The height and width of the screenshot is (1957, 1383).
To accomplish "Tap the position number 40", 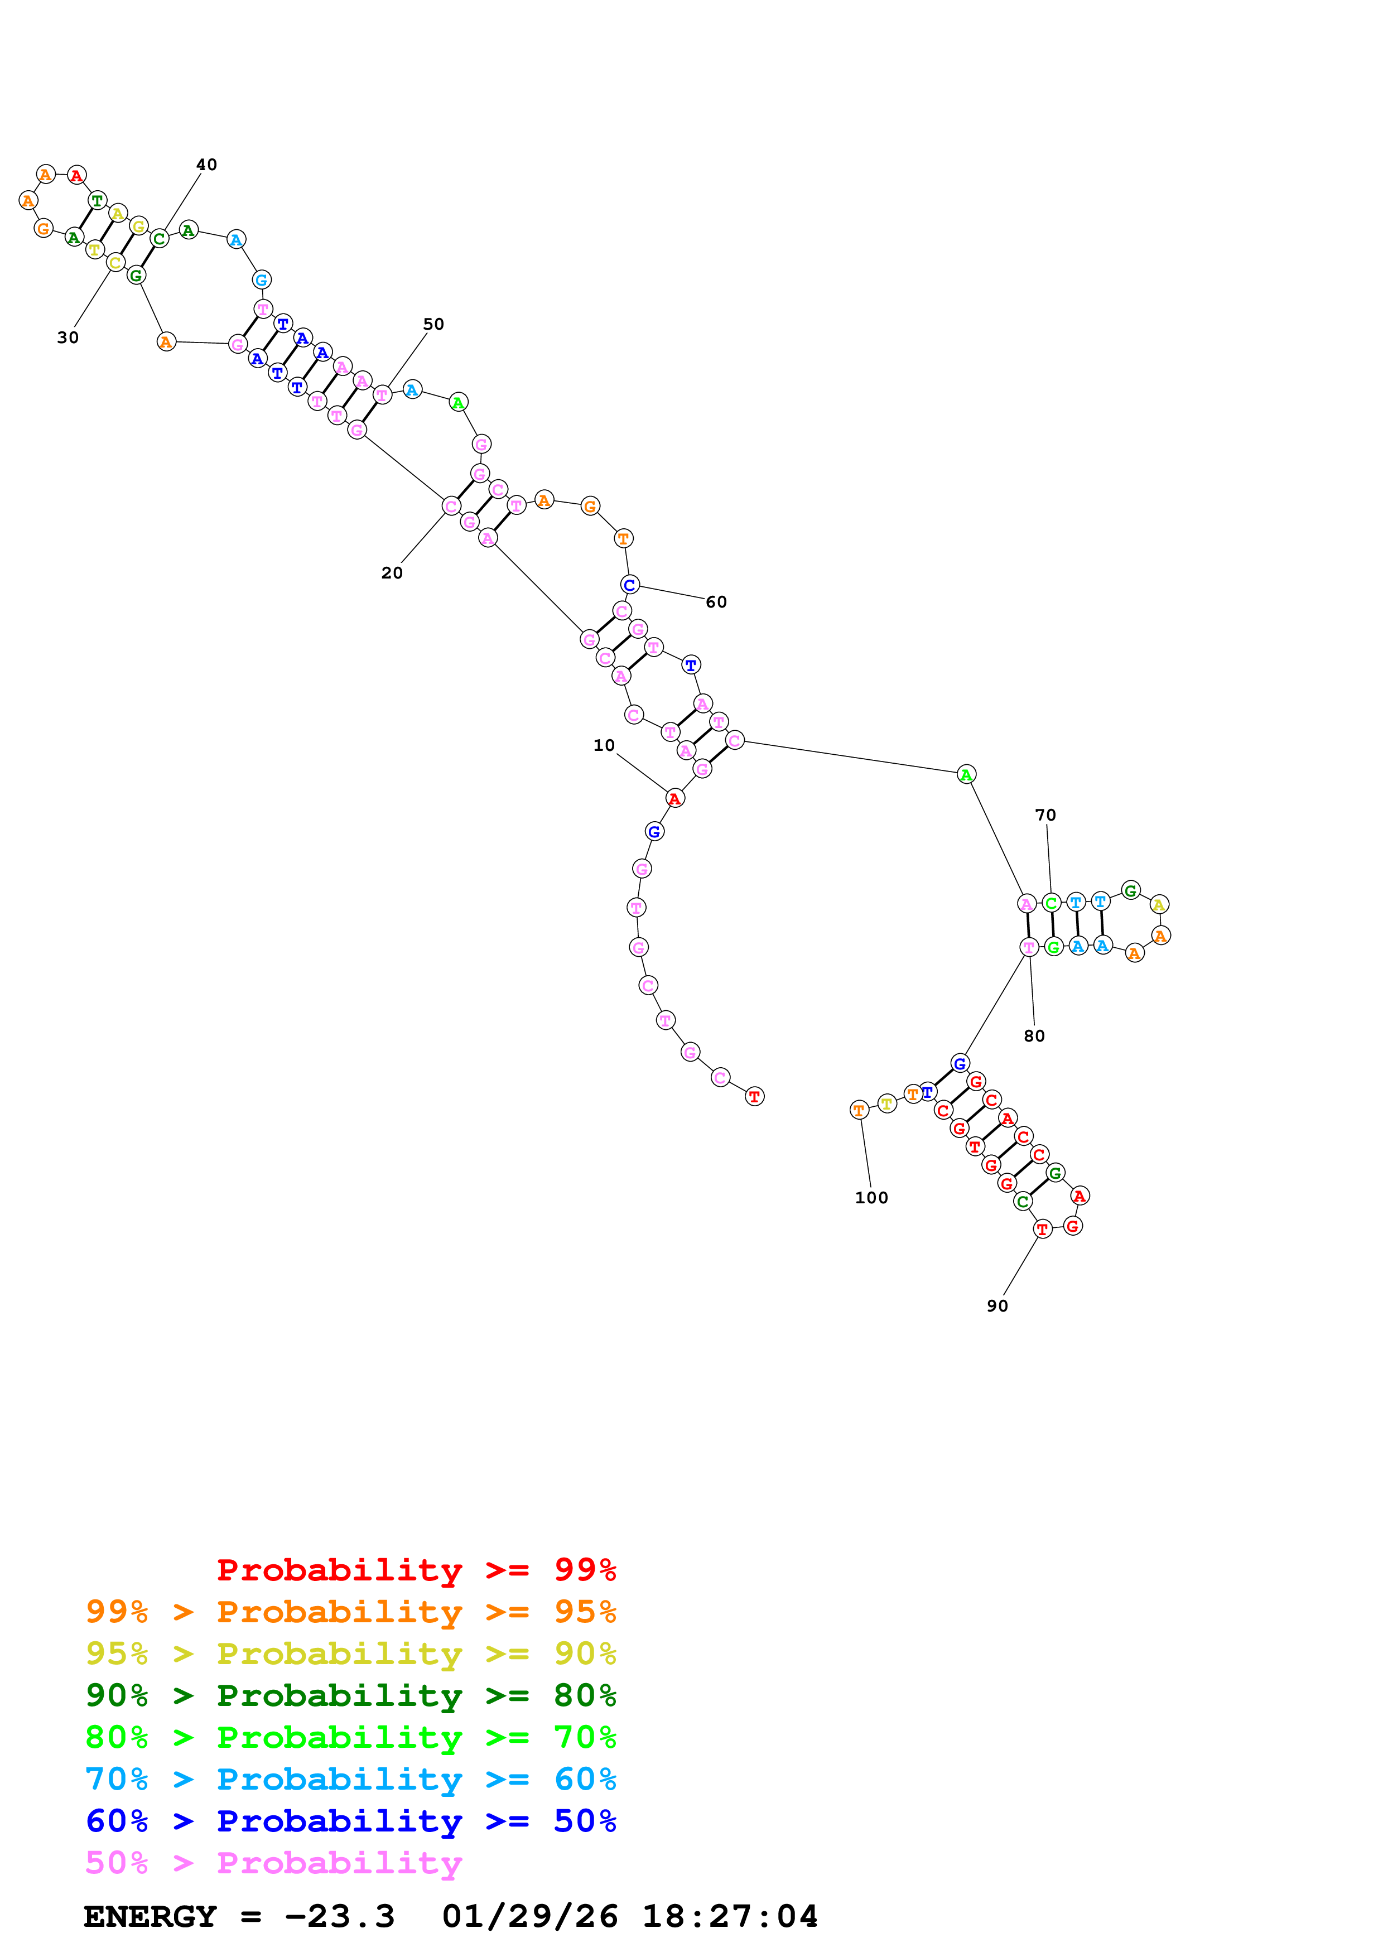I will point(206,165).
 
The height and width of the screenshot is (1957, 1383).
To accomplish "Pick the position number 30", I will point(68,338).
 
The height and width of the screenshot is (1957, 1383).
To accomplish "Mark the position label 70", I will point(1045,815).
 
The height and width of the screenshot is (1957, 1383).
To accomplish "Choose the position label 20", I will point(392,573).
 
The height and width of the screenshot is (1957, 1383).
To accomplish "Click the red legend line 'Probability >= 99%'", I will point(416,1570).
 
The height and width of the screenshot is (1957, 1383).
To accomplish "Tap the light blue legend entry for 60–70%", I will point(350,1779).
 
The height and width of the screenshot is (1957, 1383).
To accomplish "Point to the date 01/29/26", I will point(530,1916).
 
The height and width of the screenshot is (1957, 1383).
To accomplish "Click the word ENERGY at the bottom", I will point(150,1916).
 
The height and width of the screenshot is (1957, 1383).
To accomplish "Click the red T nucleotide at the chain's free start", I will point(754,1096).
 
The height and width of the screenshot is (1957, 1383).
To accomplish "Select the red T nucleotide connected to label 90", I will point(1042,1229).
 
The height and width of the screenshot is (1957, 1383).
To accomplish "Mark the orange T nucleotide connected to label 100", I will point(859,1110).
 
